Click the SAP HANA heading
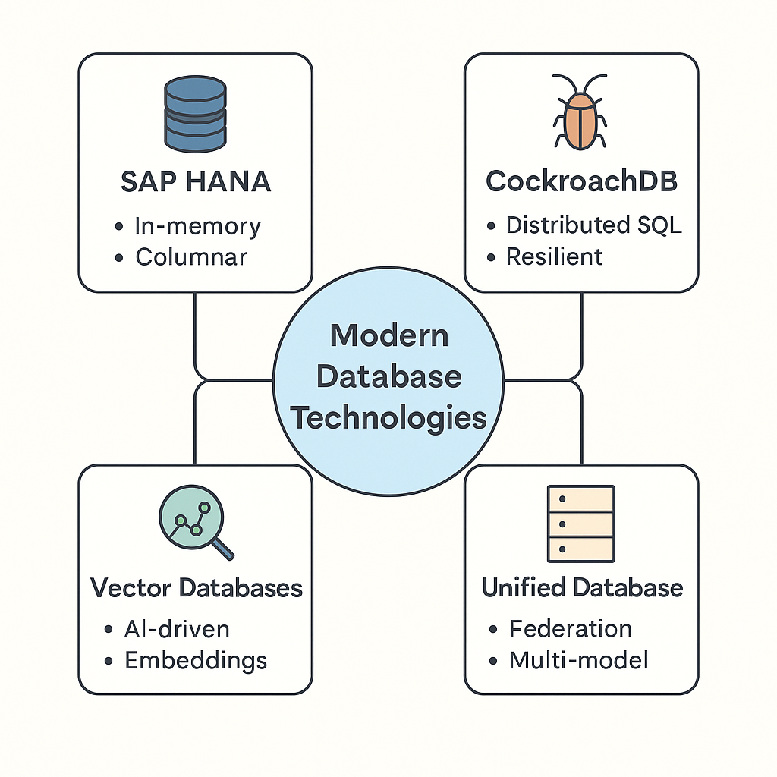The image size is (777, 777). pyautogui.click(x=196, y=181)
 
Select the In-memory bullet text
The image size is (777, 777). pyautogui.click(x=197, y=226)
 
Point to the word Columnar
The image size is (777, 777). pyautogui.click(x=191, y=256)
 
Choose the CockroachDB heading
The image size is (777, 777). pyautogui.click(x=581, y=181)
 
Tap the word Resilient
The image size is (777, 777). pyautogui.click(x=554, y=256)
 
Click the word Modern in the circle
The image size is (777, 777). pyautogui.click(x=388, y=335)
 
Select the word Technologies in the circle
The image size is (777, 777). pyautogui.click(x=388, y=417)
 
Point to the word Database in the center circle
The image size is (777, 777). pyautogui.click(x=388, y=376)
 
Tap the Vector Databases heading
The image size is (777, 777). pyautogui.click(x=196, y=587)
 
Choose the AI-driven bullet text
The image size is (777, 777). pyautogui.click(x=176, y=629)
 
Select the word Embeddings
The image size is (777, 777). pyautogui.click(x=196, y=660)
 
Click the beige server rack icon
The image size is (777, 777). pyautogui.click(x=580, y=524)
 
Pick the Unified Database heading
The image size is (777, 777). pyautogui.click(x=582, y=587)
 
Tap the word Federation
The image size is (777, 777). pyautogui.click(x=570, y=629)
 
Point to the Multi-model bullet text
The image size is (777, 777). pyautogui.click(x=578, y=660)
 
